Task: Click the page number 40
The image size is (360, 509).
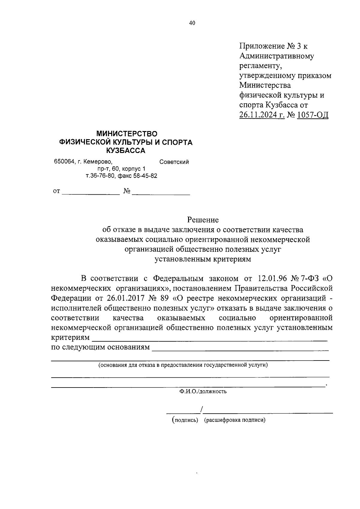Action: pos(192,23)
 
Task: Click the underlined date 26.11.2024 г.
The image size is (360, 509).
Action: pos(262,115)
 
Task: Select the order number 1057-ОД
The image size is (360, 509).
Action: pos(312,115)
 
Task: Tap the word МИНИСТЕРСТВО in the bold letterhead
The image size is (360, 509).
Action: pos(126,133)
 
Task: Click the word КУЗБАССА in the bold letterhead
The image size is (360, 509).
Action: pos(126,151)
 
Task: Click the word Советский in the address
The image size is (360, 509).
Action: pos(174,162)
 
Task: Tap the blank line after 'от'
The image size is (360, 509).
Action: pos(91,193)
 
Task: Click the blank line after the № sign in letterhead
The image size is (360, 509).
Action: pos(161,193)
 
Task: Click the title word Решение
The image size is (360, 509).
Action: pos(203,220)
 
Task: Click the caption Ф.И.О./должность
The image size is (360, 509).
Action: pos(203,391)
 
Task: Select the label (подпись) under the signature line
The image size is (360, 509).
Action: pos(185,420)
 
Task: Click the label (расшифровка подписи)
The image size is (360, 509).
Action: pos(235,420)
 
